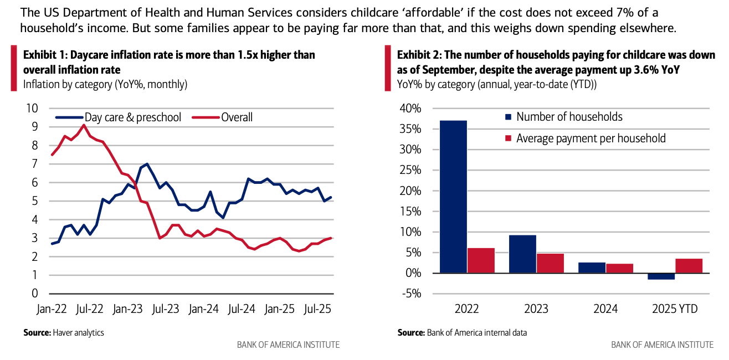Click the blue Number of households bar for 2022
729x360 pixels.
pyautogui.click(x=453, y=197)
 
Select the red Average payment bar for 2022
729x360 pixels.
pyautogui.click(x=481, y=260)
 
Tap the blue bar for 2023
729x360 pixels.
pyautogui.click(x=522, y=254)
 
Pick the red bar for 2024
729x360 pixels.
pyautogui.click(x=619, y=268)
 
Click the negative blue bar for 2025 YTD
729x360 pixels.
pyautogui.click(x=661, y=276)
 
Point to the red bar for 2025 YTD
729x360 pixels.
pyautogui.click(x=689, y=266)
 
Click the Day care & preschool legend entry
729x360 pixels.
pyautogui.click(x=132, y=117)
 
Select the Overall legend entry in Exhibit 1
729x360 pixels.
pyautogui.click(x=237, y=117)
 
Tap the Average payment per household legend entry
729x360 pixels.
pyautogui.click(x=591, y=138)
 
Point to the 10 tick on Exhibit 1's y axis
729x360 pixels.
pyautogui.click(x=33, y=108)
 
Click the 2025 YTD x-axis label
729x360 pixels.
pyautogui.click(x=675, y=308)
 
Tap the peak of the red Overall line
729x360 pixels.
pyautogui.click(x=84, y=125)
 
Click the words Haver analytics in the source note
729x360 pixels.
pyautogui.click(x=78, y=333)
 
